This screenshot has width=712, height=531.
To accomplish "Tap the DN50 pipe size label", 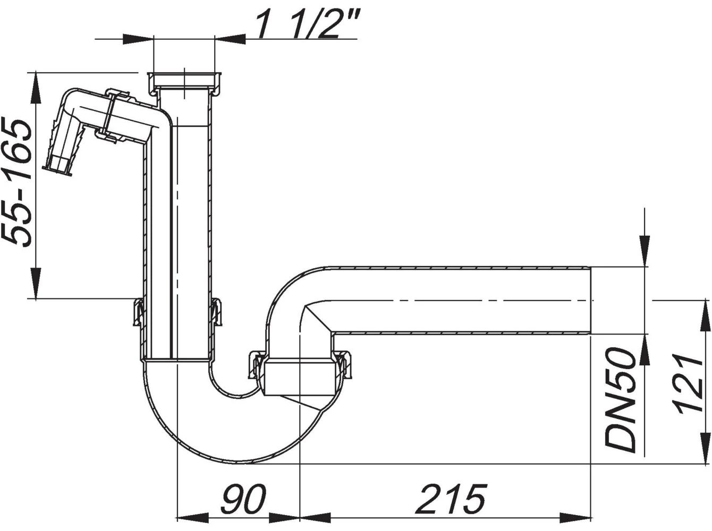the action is (620, 400).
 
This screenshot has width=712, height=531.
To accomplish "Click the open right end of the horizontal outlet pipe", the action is (590, 300).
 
